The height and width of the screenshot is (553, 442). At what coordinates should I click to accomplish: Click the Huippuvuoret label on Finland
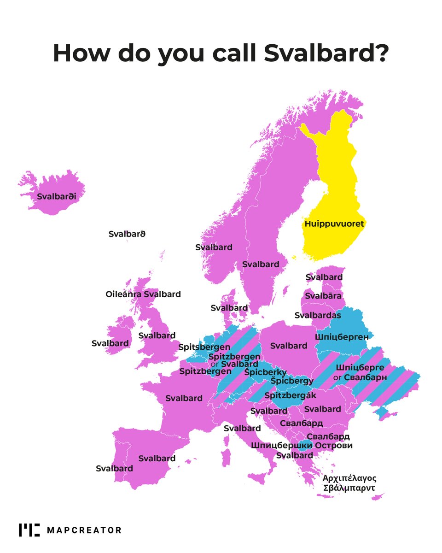334,224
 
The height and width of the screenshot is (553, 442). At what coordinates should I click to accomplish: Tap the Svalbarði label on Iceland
56,196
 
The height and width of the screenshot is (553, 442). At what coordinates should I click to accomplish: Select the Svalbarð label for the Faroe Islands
127,234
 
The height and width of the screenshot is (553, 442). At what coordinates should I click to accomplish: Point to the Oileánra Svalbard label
143,294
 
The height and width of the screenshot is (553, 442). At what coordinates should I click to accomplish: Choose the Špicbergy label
292,381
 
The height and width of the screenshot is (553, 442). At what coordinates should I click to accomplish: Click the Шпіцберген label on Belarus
342,337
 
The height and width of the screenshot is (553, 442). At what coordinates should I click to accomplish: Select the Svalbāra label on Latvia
324,296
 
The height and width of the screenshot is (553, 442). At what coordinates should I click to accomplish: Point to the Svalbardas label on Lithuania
318,315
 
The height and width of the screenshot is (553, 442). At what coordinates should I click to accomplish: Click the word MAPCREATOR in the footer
84,530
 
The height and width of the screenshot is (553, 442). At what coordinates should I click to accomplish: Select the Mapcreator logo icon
29,530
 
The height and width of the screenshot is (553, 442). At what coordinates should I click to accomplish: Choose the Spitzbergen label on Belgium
205,371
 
